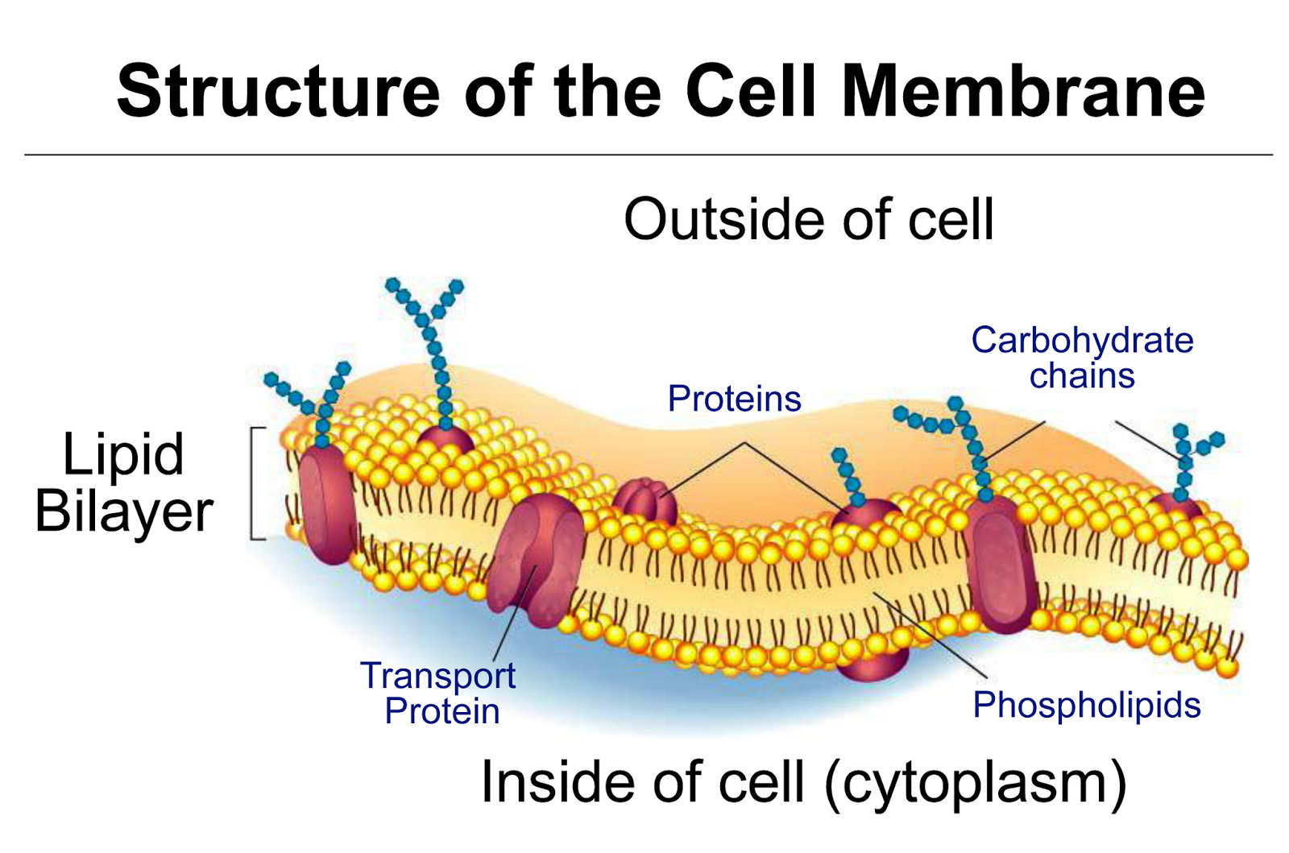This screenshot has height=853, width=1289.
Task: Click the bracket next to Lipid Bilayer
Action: [256, 482]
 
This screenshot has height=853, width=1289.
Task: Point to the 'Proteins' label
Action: [734, 399]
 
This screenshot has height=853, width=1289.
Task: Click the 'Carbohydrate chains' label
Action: [1081, 358]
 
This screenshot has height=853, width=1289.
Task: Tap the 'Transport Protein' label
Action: [439, 693]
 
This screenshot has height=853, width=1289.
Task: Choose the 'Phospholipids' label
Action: [1086, 705]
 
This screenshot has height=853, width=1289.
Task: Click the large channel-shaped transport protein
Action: [537, 559]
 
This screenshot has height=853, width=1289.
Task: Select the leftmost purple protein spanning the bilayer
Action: [325, 504]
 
